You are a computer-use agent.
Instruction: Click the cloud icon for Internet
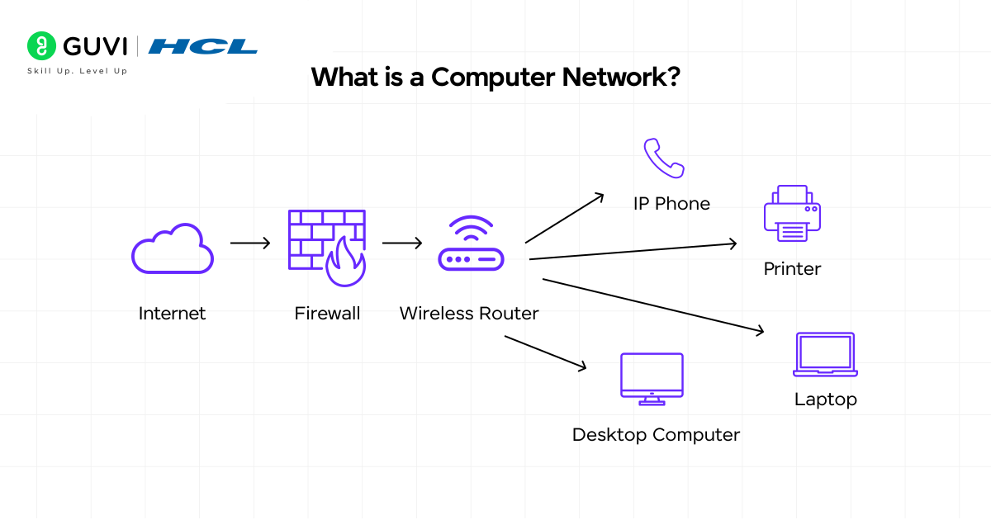point(173,249)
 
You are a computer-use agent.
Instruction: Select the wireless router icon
point(470,245)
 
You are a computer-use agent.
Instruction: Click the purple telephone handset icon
point(664,158)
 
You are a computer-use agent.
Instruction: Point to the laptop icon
point(825,354)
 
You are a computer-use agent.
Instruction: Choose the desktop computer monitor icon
point(652,379)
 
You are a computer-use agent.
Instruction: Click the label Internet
point(172,314)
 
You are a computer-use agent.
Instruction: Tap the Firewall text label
point(327,314)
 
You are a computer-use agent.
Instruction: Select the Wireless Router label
point(469,314)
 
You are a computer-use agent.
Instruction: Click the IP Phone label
point(671,204)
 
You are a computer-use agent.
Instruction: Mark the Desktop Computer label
point(656,435)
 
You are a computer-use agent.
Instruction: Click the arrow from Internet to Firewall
point(250,243)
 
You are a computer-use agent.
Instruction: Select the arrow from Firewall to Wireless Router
point(402,243)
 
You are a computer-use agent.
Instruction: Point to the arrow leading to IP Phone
point(565,219)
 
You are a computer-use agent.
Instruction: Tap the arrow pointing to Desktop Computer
point(545,352)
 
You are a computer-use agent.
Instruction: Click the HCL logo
point(203,46)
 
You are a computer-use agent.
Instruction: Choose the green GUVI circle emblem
point(40,46)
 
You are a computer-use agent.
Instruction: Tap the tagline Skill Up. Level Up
point(77,71)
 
